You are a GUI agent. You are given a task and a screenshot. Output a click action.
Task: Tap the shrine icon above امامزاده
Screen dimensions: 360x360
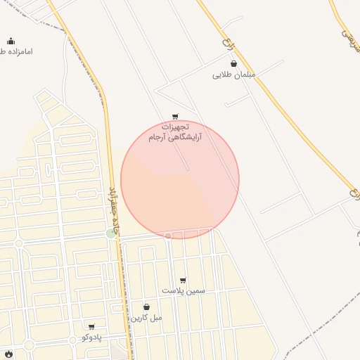(x=11, y=41)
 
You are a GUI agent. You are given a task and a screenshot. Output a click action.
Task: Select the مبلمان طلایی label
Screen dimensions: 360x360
(x=234, y=75)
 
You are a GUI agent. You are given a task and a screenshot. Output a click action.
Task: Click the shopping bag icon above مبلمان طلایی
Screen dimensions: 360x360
(x=233, y=63)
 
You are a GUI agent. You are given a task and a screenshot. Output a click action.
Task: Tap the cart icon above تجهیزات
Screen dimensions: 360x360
(x=174, y=117)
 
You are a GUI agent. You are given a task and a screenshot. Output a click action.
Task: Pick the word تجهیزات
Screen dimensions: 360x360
(x=176, y=127)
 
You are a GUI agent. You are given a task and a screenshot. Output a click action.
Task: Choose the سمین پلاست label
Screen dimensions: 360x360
(x=184, y=290)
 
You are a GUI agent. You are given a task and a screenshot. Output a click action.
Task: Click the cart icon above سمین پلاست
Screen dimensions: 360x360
(x=183, y=280)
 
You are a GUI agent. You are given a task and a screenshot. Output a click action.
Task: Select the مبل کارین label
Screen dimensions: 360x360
(x=146, y=318)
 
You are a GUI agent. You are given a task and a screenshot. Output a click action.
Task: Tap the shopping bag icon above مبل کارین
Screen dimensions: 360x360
(x=146, y=307)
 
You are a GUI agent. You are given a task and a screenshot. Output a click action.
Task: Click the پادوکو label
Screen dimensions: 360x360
(x=92, y=337)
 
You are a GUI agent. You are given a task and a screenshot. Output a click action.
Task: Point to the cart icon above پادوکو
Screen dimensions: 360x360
(x=91, y=327)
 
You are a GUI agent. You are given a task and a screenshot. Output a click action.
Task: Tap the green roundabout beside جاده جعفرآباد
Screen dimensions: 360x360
(x=110, y=233)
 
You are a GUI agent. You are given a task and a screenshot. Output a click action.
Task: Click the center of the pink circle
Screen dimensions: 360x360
(x=180, y=179)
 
